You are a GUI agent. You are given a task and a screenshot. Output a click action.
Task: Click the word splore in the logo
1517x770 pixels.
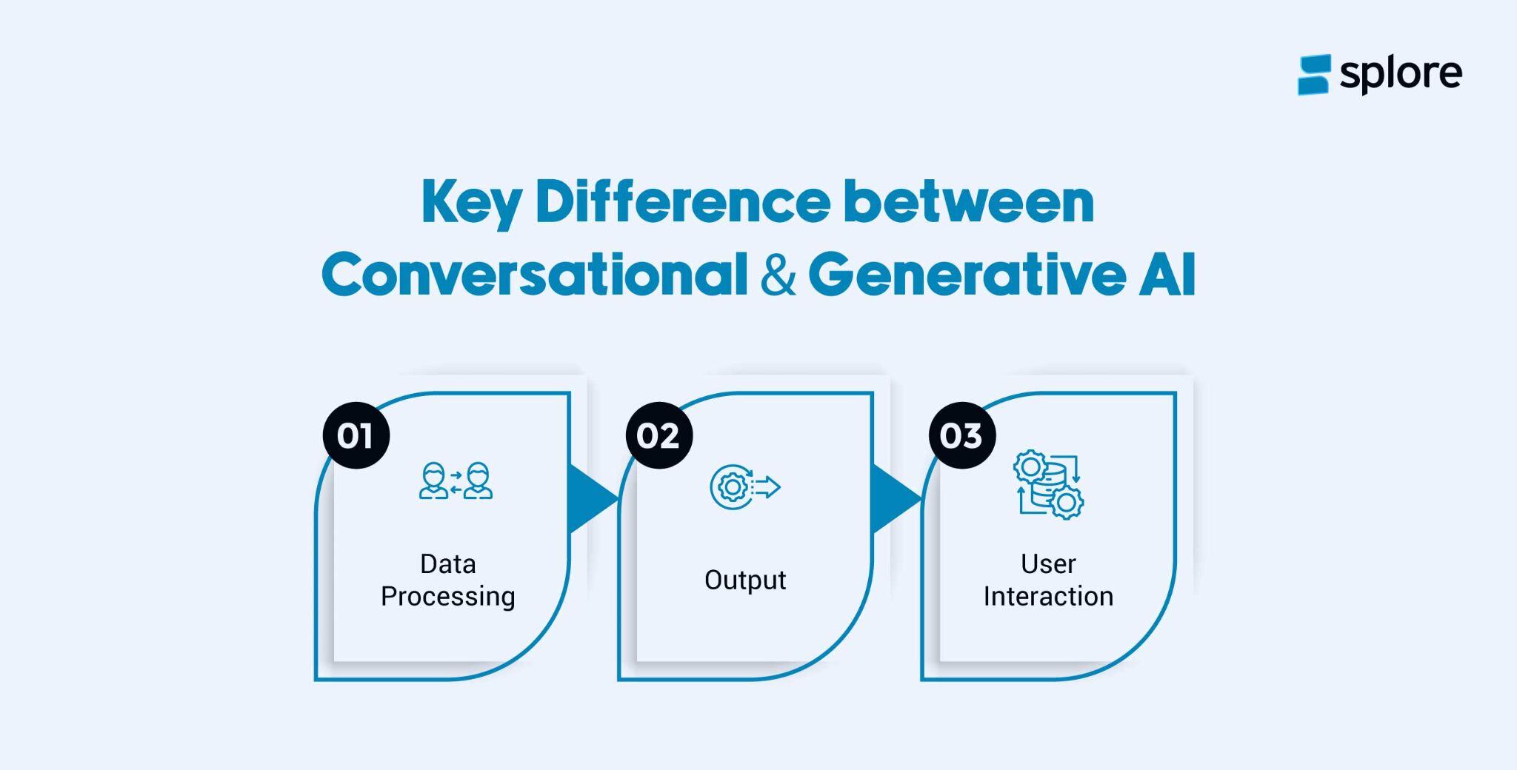click(1401, 75)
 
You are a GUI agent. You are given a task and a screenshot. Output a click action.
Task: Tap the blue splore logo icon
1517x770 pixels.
click(1314, 75)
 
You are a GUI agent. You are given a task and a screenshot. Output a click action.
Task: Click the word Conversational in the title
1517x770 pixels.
click(535, 275)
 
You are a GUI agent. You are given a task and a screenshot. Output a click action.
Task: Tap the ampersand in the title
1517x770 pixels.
click(778, 275)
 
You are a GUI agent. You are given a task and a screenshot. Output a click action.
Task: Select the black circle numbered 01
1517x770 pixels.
click(356, 435)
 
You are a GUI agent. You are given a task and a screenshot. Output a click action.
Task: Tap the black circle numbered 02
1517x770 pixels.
click(659, 435)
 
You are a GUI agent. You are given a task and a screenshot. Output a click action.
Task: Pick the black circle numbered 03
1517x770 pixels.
click(962, 435)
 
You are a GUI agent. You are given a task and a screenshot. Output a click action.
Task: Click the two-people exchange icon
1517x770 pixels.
click(456, 481)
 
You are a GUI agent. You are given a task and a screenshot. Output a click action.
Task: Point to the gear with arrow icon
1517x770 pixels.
click(745, 487)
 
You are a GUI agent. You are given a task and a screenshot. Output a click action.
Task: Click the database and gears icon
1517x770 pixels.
click(1048, 484)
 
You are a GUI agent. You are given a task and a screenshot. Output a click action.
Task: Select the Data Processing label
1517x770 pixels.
click(448, 580)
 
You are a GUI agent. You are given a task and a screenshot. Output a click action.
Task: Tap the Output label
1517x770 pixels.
click(745, 580)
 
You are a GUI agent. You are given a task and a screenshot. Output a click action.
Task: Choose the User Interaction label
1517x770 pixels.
click(1048, 580)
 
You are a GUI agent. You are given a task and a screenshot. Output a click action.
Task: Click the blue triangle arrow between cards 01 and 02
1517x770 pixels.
click(592, 498)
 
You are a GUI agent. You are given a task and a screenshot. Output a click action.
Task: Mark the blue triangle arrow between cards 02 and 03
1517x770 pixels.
click(896, 498)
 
